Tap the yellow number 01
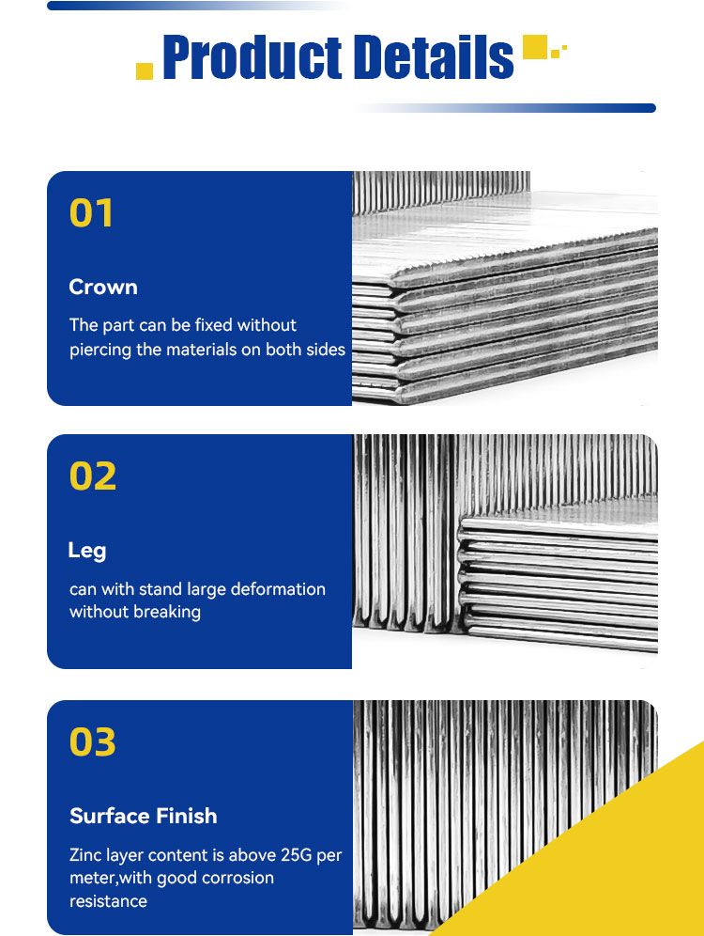[91, 213]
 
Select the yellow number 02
[92, 476]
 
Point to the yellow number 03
[92, 742]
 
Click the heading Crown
[103, 288]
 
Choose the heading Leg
[87, 551]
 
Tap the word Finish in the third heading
[186, 816]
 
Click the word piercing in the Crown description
[100, 350]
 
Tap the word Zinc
[85, 855]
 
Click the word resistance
[108, 901]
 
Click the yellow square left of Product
[145, 71]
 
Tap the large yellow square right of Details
[535, 47]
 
